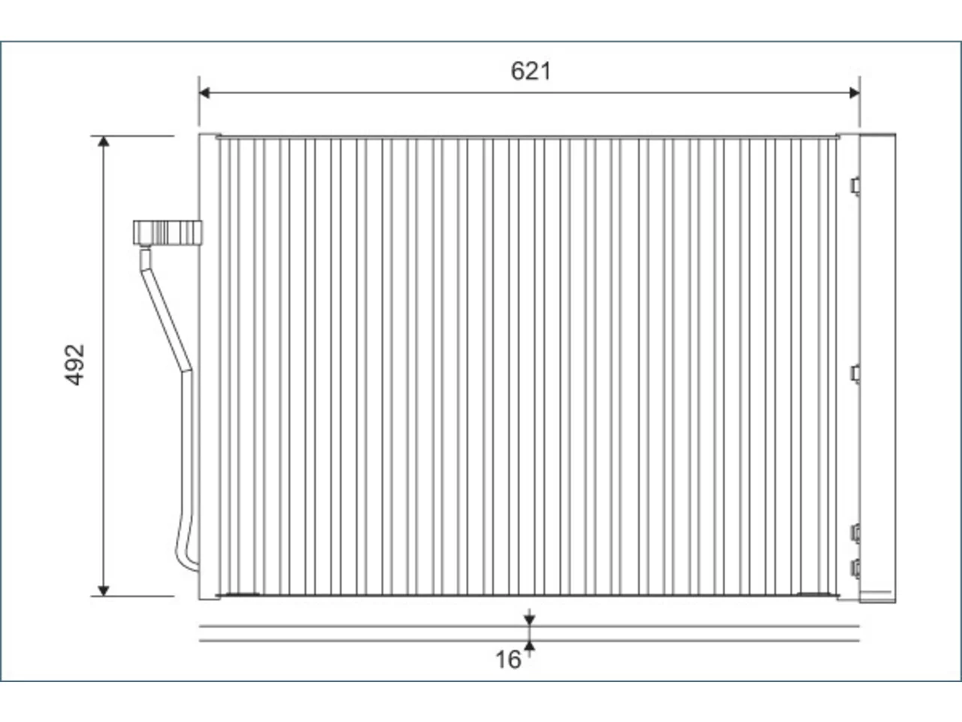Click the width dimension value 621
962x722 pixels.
point(531,71)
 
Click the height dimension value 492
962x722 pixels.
point(74,365)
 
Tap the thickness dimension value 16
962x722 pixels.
point(508,660)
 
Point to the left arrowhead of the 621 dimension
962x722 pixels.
point(204,93)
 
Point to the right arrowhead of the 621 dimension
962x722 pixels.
point(855,93)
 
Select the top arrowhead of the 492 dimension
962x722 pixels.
point(104,141)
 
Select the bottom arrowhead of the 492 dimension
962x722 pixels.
point(104,590)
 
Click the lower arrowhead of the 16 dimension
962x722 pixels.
point(529,646)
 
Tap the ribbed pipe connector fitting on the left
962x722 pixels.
point(168,233)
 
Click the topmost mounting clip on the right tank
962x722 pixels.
point(855,187)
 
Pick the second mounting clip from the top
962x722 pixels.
point(855,374)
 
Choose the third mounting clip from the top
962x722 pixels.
point(855,533)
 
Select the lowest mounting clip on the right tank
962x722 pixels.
point(855,569)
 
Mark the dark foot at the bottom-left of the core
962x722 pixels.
point(241,594)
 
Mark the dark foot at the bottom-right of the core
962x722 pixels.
point(813,594)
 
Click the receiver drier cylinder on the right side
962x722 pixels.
point(877,369)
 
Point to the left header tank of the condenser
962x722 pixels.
point(208,366)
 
